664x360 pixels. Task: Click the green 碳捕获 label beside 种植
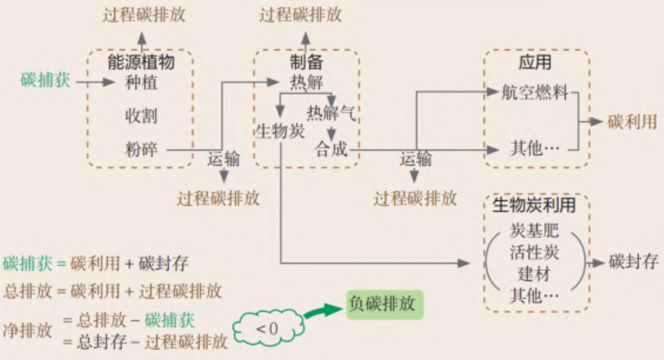pos(45,80)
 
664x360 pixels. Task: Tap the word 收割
pos(141,116)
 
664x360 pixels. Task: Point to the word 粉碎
pos(141,149)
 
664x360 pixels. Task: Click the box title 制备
pos(306,63)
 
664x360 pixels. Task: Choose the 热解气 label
pos(331,114)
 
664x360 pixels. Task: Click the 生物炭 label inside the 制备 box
pos(280,131)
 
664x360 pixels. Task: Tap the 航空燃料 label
pos(536,92)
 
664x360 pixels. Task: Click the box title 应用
pos(535,63)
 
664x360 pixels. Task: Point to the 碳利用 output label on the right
pos(632,121)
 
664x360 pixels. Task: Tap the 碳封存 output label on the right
pos(633,262)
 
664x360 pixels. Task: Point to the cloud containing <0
pos(268,328)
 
